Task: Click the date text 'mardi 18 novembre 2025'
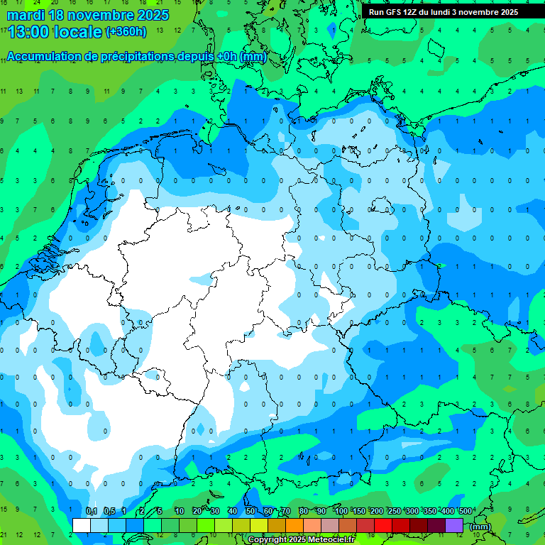(88, 15)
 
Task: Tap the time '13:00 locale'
(55, 32)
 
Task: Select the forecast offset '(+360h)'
(126, 32)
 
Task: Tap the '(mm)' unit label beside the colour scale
(480, 527)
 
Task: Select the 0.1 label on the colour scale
(92, 512)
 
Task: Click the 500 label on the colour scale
(466, 512)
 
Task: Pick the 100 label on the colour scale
(341, 512)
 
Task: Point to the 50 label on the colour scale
(251, 512)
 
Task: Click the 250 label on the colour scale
(395, 512)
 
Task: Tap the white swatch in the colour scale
(82, 525)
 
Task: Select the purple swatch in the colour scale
(454, 525)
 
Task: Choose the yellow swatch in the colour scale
(259, 525)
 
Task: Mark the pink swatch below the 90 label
(330, 525)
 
